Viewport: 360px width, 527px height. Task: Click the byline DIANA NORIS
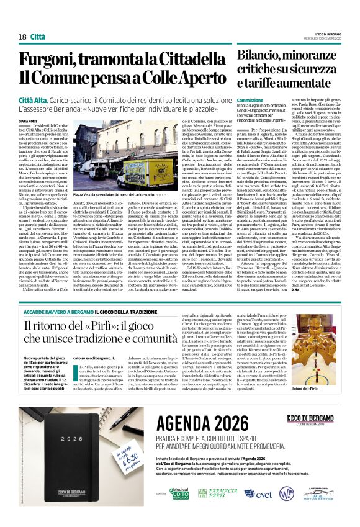click(x=29, y=112)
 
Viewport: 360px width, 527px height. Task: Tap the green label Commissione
click(x=233, y=100)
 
